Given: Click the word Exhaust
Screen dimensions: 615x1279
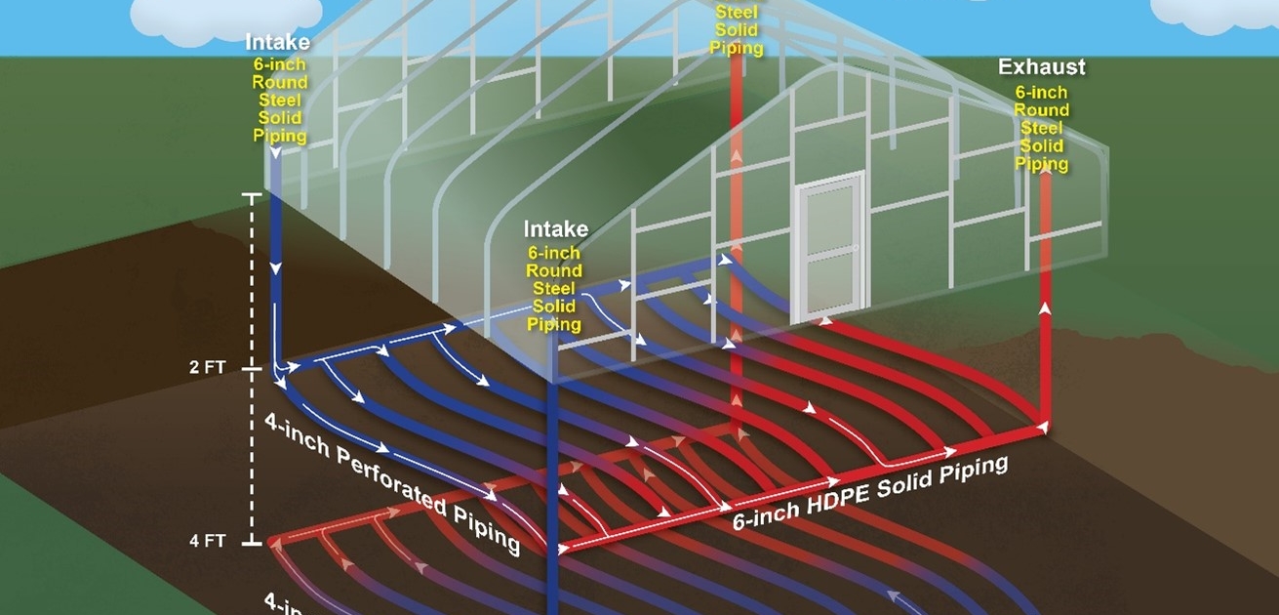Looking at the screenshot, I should (x=1041, y=67).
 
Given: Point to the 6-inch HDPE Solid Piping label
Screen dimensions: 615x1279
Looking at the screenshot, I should (x=870, y=492).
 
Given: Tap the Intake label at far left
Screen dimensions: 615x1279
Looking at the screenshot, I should (x=278, y=42).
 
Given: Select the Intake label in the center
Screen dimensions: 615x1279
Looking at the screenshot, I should (x=556, y=229).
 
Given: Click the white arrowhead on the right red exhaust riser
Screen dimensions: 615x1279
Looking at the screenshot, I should (x=1045, y=307).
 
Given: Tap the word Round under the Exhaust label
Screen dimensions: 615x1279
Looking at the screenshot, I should (x=1042, y=110).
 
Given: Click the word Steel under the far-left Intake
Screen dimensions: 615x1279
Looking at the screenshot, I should (x=279, y=101).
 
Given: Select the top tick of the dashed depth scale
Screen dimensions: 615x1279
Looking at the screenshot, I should (x=253, y=195).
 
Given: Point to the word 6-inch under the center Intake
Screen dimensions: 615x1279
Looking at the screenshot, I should (x=555, y=253).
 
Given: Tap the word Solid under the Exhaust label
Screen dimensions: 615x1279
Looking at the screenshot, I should (x=1042, y=146).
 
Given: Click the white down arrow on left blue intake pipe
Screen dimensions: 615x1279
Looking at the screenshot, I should (x=276, y=266).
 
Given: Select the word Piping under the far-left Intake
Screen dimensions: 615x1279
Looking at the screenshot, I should (x=279, y=136).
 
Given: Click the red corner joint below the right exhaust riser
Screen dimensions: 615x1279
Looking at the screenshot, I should (x=1044, y=426).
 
